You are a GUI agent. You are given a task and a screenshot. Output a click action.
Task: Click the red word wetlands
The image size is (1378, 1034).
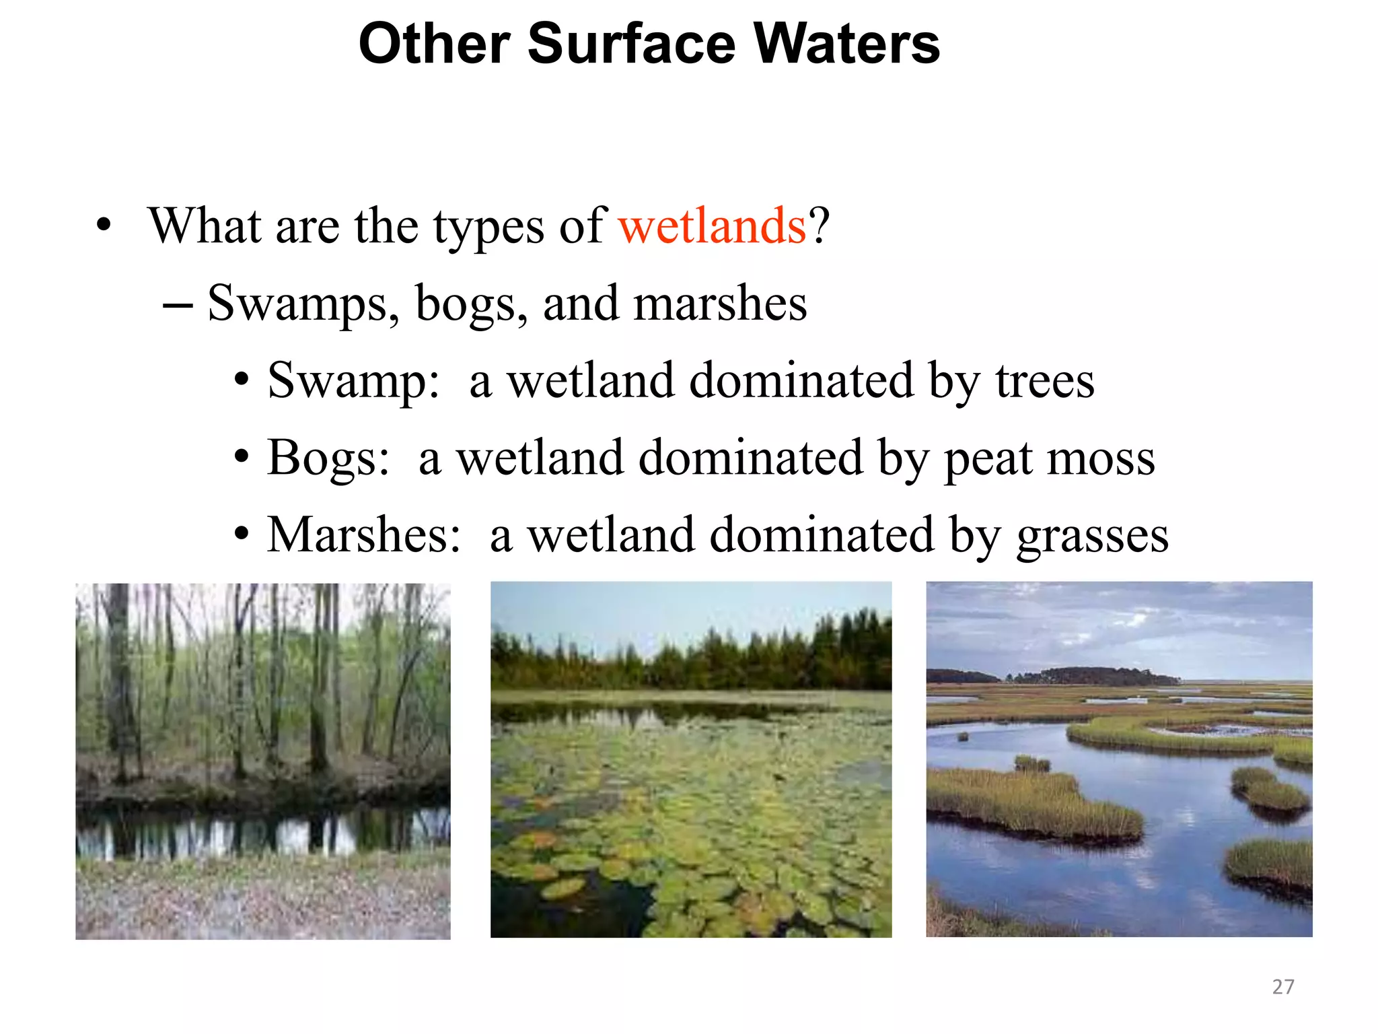[x=712, y=226]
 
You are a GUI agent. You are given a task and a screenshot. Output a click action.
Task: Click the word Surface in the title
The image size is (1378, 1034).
[x=632, y=44]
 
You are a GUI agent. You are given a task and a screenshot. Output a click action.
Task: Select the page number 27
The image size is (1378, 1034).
[x=1282, y=986]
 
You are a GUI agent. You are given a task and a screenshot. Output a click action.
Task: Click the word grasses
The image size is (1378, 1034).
[x=1092, y=537]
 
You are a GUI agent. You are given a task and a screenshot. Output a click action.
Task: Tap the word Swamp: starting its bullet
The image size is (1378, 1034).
[x=353, y=381]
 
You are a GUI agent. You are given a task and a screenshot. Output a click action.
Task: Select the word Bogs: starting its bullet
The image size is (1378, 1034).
[x=328, y=458]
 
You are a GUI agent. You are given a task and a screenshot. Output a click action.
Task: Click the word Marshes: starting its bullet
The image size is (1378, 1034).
[x=364, y=535]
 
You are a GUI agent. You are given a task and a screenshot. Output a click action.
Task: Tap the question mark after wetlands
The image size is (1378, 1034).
[x=820, y=226]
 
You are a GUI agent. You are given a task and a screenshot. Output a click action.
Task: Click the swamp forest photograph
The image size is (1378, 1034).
[x=262, y=761]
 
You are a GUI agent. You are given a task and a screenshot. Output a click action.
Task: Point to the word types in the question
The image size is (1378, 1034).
[x=488, y=227]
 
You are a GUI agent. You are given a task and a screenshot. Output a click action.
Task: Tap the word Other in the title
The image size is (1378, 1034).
[x=434, y=44]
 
